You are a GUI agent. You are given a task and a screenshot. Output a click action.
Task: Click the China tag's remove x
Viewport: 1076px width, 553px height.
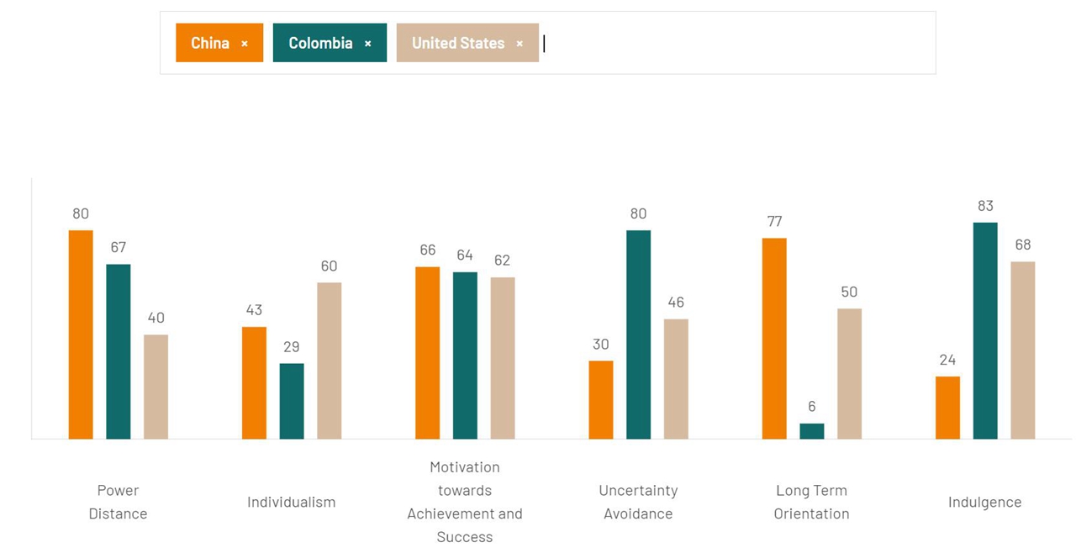pos(245,44)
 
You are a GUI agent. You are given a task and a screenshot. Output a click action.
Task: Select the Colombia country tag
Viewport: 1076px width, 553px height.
pos(320,43)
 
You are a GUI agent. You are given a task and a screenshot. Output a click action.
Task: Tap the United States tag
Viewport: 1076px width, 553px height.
pos(458,43)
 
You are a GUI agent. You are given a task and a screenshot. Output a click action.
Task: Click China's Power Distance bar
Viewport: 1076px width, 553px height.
pos(81,334)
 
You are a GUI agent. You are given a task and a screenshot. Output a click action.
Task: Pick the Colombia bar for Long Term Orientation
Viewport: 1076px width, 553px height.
pos(811,431)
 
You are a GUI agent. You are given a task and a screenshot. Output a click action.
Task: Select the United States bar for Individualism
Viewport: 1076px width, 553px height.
pos(329,361)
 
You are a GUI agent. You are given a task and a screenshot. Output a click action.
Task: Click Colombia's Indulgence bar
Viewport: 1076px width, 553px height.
pos(985,330)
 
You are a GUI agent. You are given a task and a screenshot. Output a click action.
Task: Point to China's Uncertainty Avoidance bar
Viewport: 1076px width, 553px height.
pos(601,400)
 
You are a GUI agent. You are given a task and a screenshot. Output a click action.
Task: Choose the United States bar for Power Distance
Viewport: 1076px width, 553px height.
pos(156,387)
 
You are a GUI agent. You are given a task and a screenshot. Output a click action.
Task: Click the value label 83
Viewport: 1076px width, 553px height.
pos(985,206)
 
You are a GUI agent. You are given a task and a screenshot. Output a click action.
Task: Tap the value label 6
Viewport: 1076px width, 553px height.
pos(811,407)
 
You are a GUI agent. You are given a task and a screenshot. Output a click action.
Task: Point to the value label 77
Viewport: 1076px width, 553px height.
pos(774,222)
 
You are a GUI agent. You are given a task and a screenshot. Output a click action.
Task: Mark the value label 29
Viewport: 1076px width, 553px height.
pos(292,346)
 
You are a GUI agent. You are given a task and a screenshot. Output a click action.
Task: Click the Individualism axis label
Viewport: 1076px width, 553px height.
pos(291,502)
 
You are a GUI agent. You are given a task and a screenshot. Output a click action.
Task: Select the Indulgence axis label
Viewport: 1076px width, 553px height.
pos(984,502)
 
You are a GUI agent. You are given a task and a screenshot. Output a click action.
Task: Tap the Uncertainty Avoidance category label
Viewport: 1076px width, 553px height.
pos(638,502)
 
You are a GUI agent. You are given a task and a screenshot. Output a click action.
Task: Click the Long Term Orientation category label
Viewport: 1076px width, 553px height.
pos(811,502)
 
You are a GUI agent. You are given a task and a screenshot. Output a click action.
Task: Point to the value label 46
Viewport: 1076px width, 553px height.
pos(676,303)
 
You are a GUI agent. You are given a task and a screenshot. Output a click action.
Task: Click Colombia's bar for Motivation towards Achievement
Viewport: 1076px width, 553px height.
pos(465,355)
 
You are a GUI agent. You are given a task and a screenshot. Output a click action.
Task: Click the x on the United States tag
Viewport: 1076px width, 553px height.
pos(520,44)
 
